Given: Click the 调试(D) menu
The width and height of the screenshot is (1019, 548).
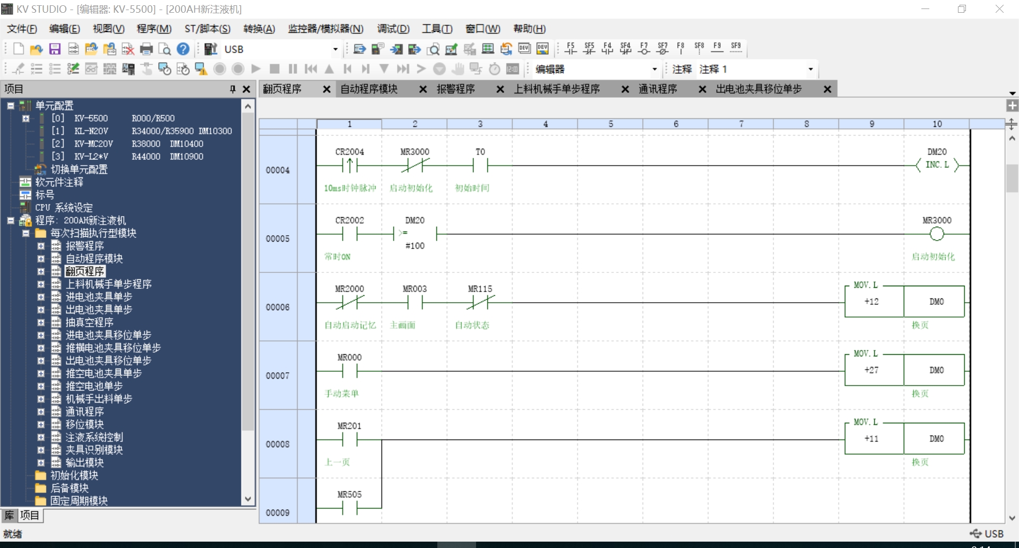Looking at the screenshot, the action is tap(393, 29).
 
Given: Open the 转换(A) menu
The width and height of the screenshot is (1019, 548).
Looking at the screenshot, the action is tap(259, 29).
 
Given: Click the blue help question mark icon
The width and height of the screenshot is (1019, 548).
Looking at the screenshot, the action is tap(183, 49).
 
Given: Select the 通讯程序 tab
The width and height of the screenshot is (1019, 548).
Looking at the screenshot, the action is tap(658, 89).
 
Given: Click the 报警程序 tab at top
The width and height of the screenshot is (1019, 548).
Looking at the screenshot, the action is tap(455, 89).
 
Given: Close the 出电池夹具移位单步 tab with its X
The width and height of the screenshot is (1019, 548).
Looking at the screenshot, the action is tap(827, 89).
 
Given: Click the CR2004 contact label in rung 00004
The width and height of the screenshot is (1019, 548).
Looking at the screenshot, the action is tap(349, 152).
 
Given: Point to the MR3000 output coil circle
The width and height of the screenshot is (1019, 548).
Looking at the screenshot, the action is tap(937, 234).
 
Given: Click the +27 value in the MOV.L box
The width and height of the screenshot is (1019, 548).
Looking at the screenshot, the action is tap(871, 370).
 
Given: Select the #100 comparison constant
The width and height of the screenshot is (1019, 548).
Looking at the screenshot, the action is tap(414, 246).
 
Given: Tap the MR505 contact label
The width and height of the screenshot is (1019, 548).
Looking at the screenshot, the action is tap(349, 494).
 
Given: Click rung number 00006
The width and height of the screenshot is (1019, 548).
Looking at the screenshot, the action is tap(278, 307).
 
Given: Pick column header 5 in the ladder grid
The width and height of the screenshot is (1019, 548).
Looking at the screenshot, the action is tap(610, 124).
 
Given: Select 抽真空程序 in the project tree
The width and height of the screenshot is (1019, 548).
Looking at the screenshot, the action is tap(89, 322).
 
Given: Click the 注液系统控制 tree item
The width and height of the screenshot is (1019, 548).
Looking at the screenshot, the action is tap(94, 437).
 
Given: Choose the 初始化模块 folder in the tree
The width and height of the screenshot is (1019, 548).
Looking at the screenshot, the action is tap(74, 475).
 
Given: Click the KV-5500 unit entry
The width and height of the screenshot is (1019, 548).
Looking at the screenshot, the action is tap(91, 118).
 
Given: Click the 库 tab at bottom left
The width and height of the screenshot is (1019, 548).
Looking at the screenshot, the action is tap(9, 515).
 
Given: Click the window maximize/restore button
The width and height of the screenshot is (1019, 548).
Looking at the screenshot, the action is tap(962, 9).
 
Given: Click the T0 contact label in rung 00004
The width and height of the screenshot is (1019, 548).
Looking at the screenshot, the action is tap(480, 152).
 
